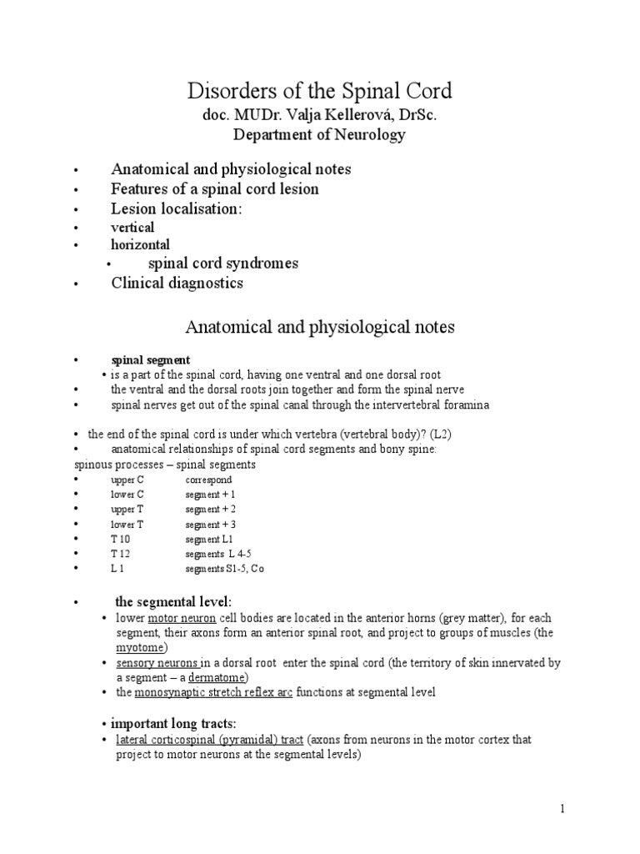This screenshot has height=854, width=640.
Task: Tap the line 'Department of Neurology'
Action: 319,134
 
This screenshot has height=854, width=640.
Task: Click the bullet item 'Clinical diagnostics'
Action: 177,283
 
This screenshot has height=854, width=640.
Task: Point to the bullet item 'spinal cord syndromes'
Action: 223,264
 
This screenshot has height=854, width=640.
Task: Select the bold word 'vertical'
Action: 132,227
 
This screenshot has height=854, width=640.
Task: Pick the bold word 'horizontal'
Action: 140,245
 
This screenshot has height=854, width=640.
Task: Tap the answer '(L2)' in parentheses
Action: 442,435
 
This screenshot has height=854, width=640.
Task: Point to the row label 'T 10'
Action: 121,539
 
